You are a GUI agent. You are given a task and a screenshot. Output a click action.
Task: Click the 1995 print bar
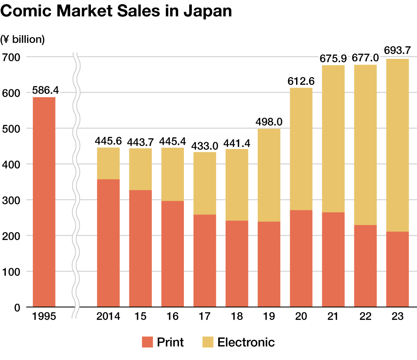point(44,202)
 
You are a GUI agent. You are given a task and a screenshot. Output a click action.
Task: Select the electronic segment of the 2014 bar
point(108,163)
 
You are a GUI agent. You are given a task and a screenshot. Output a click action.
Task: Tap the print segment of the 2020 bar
point(301,259)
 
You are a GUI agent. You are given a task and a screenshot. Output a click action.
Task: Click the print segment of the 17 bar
point(204,261)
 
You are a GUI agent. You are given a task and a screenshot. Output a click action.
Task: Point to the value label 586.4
point(44,91)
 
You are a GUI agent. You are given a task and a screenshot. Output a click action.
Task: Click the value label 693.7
point(397,51)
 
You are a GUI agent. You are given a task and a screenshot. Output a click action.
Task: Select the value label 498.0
point(269,122)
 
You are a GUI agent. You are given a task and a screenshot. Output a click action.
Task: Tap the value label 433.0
point(204,146)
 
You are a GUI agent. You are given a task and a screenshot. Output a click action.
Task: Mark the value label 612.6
point(301,81)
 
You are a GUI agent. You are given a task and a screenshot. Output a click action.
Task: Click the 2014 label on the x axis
point(108,317)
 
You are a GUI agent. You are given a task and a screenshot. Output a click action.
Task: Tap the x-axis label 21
point(333,317)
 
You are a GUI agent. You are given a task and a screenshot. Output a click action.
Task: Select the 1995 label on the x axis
point(44,317)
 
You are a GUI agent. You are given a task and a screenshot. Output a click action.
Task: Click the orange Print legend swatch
point(148,342)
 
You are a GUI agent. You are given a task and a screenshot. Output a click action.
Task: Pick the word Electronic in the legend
point(246,342)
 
